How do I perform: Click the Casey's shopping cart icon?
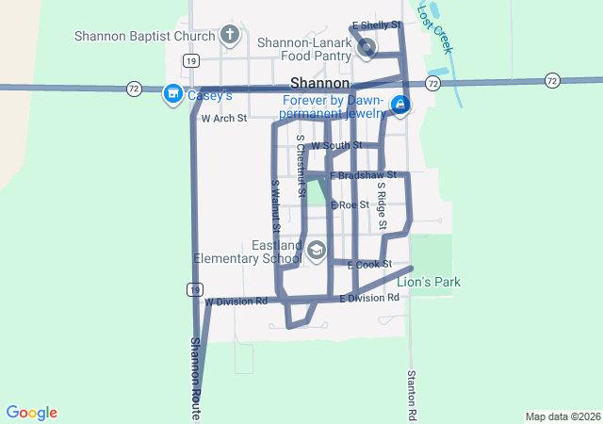[172, 93]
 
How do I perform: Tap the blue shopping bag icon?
[400, 104]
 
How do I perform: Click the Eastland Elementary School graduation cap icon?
[317, 250]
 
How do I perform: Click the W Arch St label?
[223, 119]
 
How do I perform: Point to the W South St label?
[336, 145]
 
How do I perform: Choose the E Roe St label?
[350, 204]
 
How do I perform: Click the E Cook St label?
[369, 265]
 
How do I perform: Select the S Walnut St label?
[275, 206]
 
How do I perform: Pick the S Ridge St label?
[383, 205]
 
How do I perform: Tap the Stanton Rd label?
[412, 394]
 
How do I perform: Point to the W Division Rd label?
[236, 302]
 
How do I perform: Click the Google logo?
[31, 413]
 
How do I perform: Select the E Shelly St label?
[376, 24]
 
